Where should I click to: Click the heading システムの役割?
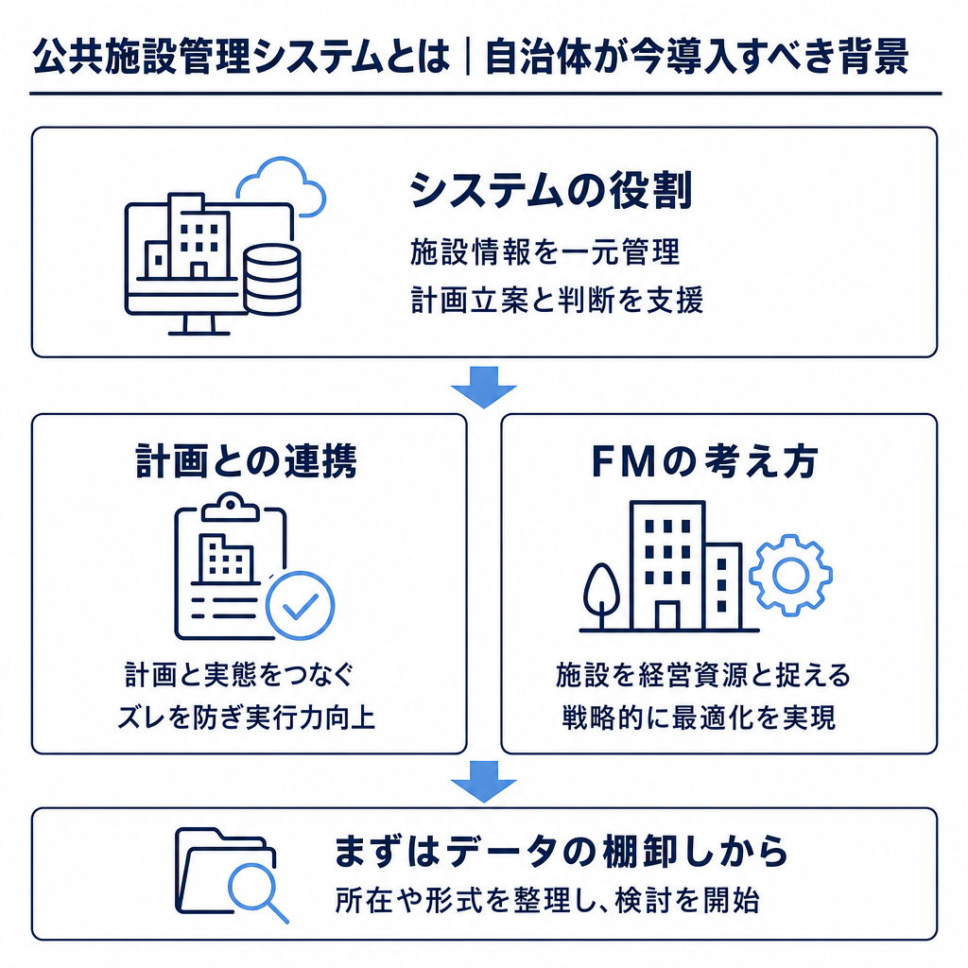click(551, 190)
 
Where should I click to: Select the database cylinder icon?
click(271, 279)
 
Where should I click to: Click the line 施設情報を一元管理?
click(545, 252)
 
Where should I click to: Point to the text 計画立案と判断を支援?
click(557, 301)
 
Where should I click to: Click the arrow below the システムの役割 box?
click(483, 387)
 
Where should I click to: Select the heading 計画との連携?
click(247, 460)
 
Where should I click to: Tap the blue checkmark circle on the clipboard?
click(300, 605)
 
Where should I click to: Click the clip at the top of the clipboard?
click(231, 507)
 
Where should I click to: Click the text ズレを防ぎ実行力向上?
click(247, 717)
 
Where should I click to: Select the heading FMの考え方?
click(704, 461)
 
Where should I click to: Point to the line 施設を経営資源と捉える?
click(703, 675)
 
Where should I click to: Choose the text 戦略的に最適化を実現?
click(699, 717)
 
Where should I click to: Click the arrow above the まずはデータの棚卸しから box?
click(483, 782)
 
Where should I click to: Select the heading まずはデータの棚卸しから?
click(562, 852)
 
